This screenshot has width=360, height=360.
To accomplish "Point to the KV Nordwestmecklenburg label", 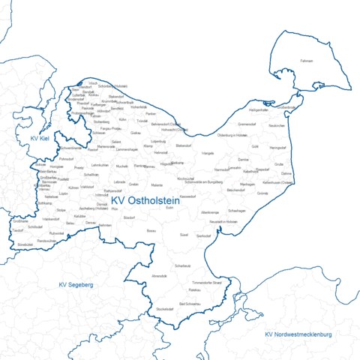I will (298, 333).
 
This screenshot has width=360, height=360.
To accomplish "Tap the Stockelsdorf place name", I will (165, 309).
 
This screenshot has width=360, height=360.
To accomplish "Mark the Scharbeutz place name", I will (182, 265).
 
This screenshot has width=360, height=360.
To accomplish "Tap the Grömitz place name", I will (262, 193).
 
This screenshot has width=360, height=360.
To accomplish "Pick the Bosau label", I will (151, 232).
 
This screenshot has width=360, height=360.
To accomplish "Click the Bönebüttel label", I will (25, 244).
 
